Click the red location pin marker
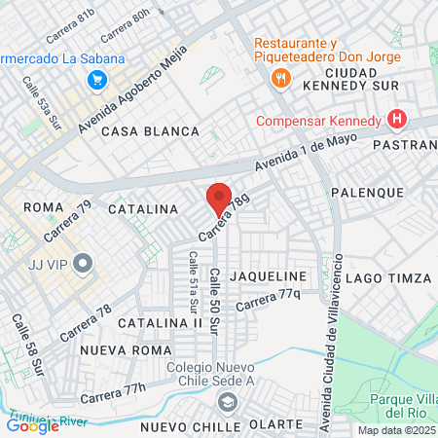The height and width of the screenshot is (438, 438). click(x=220, y=200)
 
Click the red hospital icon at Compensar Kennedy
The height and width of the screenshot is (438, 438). click(x=396, y=121)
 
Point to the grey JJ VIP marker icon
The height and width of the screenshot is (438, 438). click(x=83, y=262)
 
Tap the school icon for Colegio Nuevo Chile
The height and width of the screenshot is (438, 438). click(x=228, y=403)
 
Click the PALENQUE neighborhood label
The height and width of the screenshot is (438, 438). click(x=367, y=193)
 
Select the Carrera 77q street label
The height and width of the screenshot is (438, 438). click(x=268, y=300)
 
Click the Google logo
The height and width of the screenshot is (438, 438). click(x=32, y=425)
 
